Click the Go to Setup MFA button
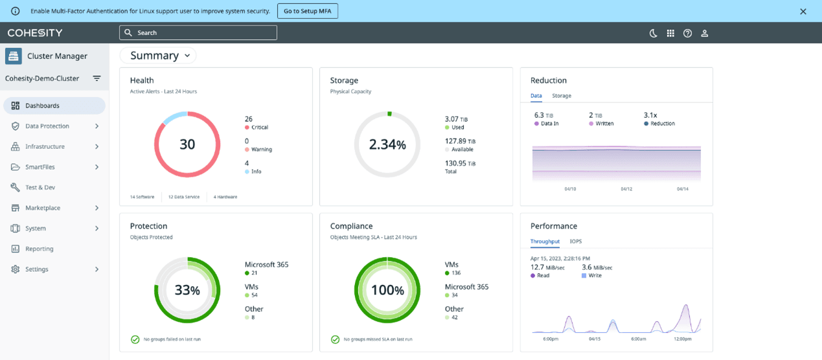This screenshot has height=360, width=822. tap(308, 11)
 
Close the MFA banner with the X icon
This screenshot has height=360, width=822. tap(803, 12)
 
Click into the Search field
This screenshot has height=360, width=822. tap(198, 32)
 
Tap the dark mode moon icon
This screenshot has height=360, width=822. tap(653, 33)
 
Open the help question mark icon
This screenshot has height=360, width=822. tap(687, 33)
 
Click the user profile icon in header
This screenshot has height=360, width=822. tap(705, 33)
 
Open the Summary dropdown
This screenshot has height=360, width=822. tap(159, 56)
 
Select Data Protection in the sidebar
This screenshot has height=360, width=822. tap(47, 126)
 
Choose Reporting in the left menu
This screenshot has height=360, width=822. tap(39, 249)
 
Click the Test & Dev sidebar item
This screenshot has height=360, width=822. tap(40, 188)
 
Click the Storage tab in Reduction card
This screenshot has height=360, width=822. tap(561, 96)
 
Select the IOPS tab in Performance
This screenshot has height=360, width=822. tap(575, 242)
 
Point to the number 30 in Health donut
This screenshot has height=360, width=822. tap(187, 144)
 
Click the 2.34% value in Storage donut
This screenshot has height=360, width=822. tap(387, 145)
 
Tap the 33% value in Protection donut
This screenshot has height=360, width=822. tap(187, 291)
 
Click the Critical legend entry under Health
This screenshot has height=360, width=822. tap(258, 128)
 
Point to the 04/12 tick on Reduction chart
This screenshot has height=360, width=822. tap(626, 189)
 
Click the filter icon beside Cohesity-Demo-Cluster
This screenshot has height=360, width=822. tap(97, 78)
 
